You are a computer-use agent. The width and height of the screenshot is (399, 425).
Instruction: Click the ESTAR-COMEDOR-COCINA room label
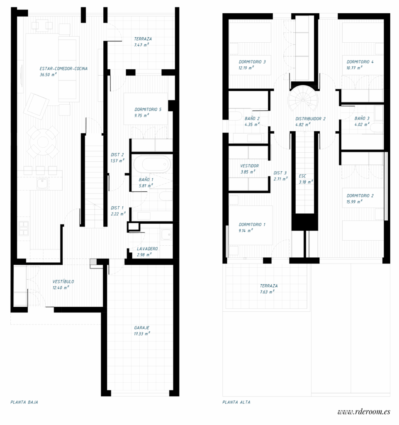coord(63,68)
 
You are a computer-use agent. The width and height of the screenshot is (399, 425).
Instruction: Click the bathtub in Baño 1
coord(151,164)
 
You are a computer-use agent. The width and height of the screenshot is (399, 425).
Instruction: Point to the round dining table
coord(43,141)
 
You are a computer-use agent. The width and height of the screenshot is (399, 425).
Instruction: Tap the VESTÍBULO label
coord(63,281)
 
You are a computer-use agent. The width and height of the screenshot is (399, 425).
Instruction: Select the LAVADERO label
coord(147,249)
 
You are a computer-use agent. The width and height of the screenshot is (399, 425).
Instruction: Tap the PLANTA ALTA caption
coord(236,402)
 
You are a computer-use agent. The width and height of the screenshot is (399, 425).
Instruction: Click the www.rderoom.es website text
coord(364,412)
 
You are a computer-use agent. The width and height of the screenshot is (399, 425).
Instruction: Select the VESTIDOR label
coord(250,166)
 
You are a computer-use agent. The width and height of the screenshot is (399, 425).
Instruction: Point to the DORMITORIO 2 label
coord(360,195)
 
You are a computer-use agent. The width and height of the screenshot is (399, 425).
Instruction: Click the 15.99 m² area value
coord(355,202)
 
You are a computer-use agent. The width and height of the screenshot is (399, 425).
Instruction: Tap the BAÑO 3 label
coord(362,118)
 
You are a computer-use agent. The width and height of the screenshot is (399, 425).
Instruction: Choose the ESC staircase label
coord(302,176)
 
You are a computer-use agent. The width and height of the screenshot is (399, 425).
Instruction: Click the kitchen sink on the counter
coord(42,183)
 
